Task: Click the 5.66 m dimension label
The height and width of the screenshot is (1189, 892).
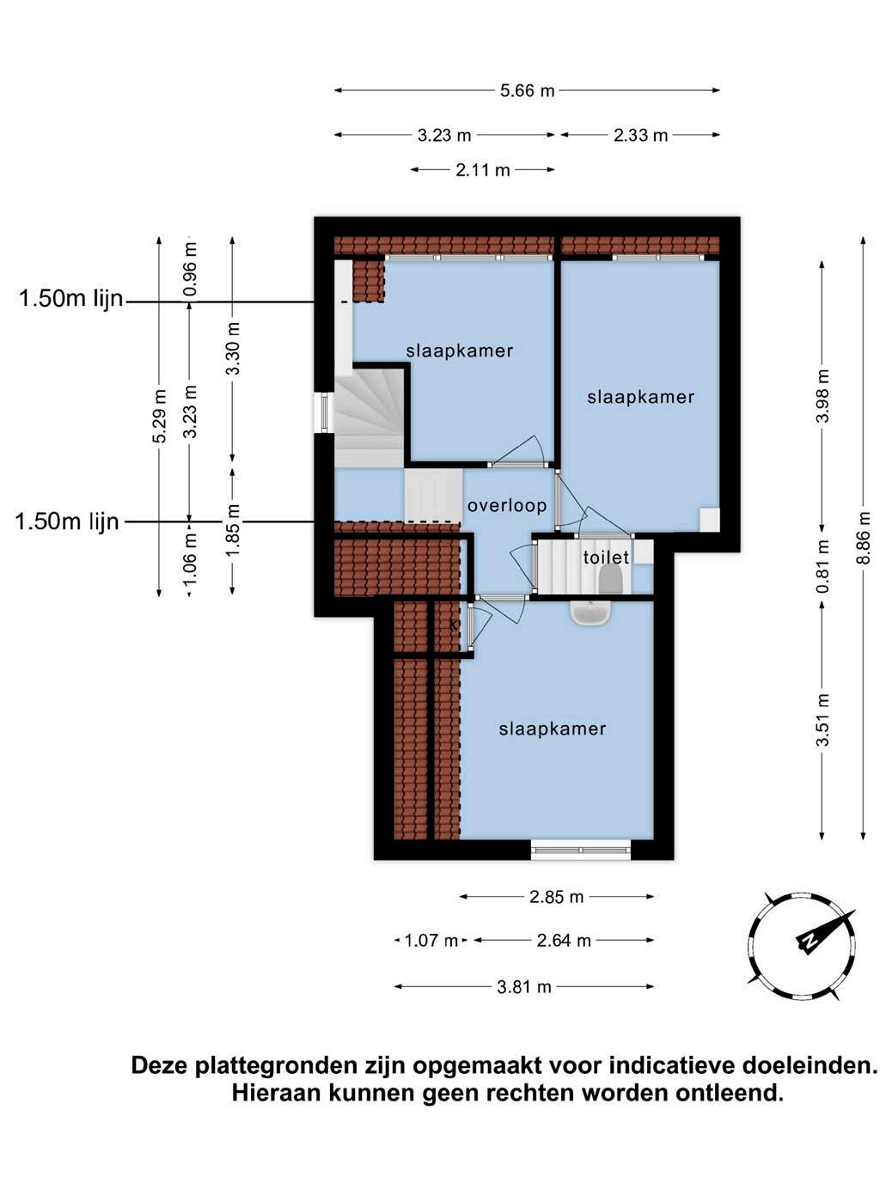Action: (527, 90)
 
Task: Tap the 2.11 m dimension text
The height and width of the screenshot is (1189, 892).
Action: (483, 170)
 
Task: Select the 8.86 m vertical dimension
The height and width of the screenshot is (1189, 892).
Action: (864, 537)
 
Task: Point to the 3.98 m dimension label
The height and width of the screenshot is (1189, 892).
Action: (822, 395)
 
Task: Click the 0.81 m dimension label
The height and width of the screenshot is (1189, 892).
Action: (822, 566)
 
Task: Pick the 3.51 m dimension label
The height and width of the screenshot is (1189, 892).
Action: (822, 720)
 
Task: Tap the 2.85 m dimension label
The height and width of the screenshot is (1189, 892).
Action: (556, 897)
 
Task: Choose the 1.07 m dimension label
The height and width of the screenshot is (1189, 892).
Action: (431, 941)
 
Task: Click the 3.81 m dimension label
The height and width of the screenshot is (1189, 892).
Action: (523, 987)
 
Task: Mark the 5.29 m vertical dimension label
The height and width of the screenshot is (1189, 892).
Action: (159, 416)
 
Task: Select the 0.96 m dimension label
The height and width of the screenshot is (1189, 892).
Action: (190, 269)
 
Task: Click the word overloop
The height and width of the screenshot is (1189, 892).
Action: (507, 506)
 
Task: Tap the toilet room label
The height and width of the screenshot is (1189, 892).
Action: (606, 557)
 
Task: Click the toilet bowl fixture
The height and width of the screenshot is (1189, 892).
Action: (612, 579)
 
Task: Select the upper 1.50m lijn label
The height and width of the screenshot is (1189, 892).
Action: (71, 298)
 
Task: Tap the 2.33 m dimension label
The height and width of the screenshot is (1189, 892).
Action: (640, 135)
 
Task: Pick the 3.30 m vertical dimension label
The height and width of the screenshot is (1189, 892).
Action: (233, 348)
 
